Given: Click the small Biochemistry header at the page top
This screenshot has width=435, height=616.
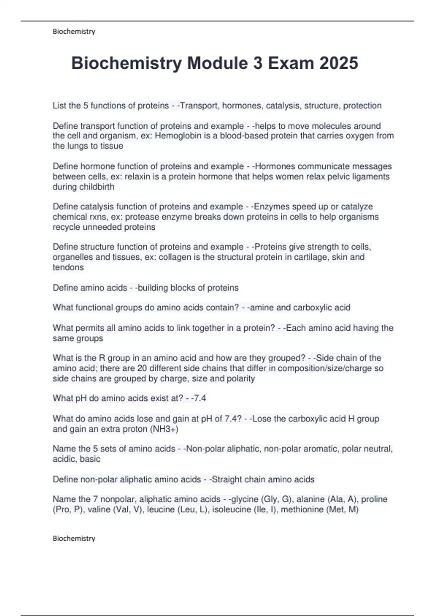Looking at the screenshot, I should click(74, 32).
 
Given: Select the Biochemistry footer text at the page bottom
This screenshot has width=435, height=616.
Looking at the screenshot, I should click(74, 538).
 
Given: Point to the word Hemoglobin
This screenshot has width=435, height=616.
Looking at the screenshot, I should click(178, 136).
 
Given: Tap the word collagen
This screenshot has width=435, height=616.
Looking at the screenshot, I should click(174, 257).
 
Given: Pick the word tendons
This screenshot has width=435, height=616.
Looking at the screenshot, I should click(68, 267).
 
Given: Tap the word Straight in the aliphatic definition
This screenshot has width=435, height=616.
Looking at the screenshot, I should click(227, 479).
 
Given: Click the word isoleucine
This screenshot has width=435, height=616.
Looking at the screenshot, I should click(231, 509).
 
